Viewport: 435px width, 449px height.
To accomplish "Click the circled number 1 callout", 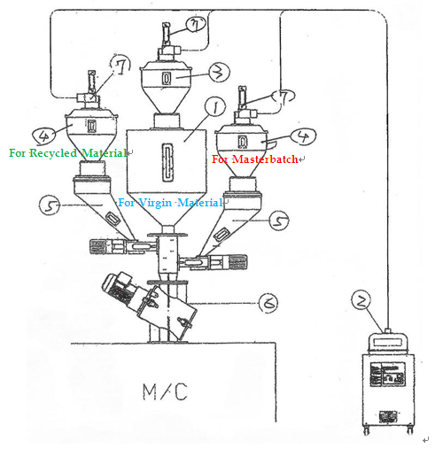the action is pyautogui.click(x=215, y=107).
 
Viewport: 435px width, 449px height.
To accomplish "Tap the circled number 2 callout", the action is pyautogui.click(x=361, y=300).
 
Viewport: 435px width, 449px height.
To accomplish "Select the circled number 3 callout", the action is pyautogui.click(x=220, y=72).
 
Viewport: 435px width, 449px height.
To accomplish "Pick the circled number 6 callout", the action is pyautogui.click(x=268, y=303).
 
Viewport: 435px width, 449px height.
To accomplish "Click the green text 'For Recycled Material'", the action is pyautogui.click(x=68, y=153).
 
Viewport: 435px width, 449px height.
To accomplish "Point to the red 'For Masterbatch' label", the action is pyautogui.click(x=255, y=159).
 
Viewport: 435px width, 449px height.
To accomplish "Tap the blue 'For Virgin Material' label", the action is pyautogui.click(x=170, y=203).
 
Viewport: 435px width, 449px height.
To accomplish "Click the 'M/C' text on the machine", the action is pyautogui.click(x=165, y=391).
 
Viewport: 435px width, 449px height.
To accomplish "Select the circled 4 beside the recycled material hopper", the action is pyautogui.click(x=43, y=135).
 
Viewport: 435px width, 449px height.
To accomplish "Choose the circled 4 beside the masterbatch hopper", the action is pyautogui.click(x=303, y=136).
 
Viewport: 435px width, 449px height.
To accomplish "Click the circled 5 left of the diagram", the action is pyautogui.click(x=50, y=205).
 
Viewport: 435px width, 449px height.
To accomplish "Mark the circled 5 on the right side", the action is pyautogui.click(x=279, y=221).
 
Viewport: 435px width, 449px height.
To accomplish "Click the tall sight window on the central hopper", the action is pyautogui.click(x=167, y=162).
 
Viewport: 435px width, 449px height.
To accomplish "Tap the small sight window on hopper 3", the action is pyautogui.click(x=167, y=79).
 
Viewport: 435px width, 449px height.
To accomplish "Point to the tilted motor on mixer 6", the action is pyautogui.click(x=119, y=286).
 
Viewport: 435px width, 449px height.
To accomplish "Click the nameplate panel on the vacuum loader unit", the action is pyautogui.click(x=388, y=374).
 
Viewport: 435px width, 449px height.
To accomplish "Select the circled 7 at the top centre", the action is pyautogui.click(x=196, y=24).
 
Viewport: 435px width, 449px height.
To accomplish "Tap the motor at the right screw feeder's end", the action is pyautogui.click(x=237, y=262).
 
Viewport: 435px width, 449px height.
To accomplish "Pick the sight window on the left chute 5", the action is pyautogui.click(x=113, y=219).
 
